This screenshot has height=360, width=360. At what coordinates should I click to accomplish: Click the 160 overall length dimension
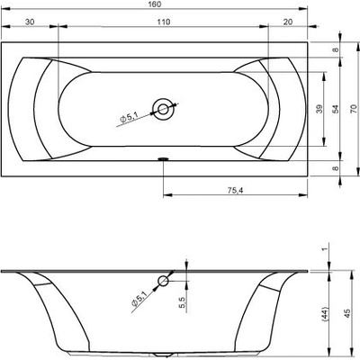coord(155,4)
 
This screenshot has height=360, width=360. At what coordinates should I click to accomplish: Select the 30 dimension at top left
coord(30,22)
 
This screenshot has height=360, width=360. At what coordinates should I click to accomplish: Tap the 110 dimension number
coord(164,22)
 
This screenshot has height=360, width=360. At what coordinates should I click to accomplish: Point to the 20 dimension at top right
coord(288,22)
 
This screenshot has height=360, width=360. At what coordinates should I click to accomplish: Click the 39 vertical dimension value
coord(319,109)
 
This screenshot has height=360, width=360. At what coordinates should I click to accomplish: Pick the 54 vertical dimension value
coord(336,109)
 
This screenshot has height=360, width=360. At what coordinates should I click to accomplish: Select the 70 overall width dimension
coord(353,109)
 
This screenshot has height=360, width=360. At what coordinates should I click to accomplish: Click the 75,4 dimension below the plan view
coord(235,190)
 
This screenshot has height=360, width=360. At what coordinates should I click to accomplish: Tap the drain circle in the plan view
coord(164,109)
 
